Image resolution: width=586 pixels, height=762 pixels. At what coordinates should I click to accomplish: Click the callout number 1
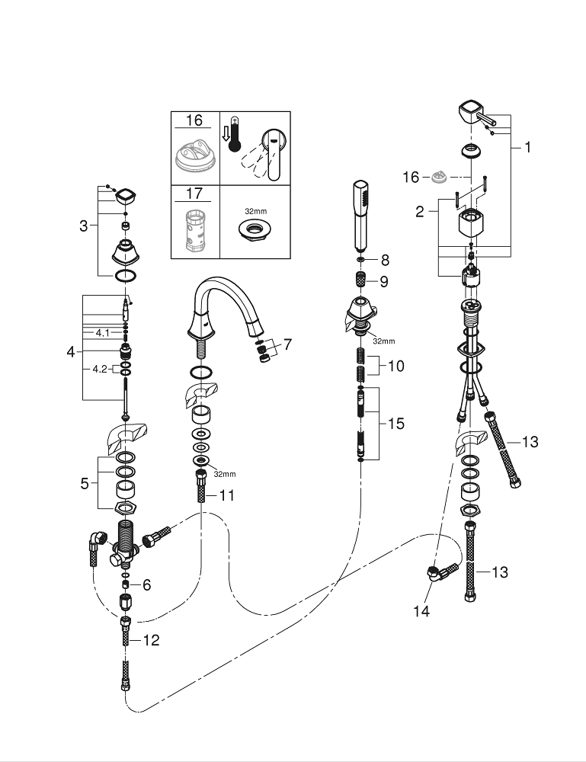(x=527, y=147)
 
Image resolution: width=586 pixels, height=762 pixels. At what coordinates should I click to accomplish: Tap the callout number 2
(x=420, y=211)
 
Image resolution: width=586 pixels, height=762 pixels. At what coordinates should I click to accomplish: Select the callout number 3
(x=84, y=226)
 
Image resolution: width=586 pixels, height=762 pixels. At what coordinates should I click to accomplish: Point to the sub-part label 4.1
(x=103, y=333)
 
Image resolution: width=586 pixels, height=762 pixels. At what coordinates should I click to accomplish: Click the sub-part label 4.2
(x=100, y=369)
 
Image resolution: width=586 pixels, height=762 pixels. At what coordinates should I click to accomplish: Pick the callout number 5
(x=85, y=484)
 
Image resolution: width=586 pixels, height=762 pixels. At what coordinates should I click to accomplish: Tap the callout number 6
(x=147, y=585)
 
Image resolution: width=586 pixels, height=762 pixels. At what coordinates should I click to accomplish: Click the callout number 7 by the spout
(x=287, y=344)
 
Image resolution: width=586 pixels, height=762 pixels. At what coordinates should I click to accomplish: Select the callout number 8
(x=386, y=261)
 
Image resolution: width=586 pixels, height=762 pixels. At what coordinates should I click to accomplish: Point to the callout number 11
(x=227, y=496)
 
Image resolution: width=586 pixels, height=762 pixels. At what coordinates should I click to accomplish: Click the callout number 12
(x=151, y=640)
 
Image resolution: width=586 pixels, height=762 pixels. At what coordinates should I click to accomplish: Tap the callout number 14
(x=421, y=611)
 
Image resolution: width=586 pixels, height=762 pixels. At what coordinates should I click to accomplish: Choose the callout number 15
(x=396, y=424)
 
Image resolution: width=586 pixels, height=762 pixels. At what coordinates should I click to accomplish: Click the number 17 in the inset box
(x=194, y=194)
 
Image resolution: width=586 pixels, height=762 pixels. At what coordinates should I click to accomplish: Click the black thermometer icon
(x=235, y=134)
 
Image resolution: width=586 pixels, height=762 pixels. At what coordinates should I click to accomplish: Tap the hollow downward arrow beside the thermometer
(x=225, y=133)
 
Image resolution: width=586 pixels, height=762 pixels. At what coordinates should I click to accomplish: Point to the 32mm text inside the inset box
(x=255, y=211)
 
